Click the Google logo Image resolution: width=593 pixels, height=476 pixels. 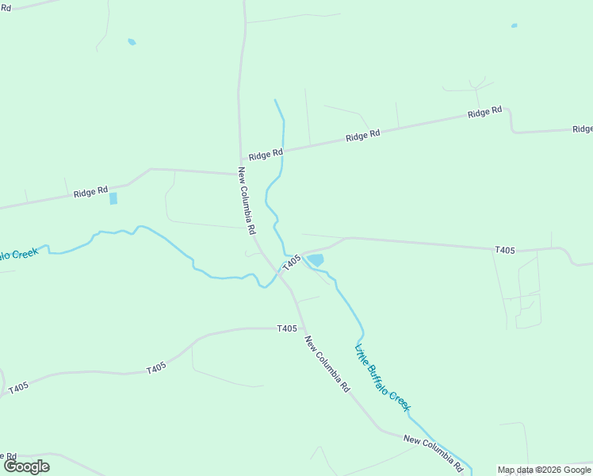coord(26,466)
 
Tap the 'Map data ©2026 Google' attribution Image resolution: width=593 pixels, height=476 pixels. coord(545,470)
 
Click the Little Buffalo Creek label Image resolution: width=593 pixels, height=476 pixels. coord(383,377)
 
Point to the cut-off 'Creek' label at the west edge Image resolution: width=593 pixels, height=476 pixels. coord(18,254)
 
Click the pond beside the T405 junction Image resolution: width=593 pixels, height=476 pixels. coord(316,259)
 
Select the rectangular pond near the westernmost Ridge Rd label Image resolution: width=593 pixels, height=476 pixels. coord(113,198)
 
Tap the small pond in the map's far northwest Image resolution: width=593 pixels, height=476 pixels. coord(132,42)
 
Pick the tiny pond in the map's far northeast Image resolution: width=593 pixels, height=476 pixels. coord(514,25)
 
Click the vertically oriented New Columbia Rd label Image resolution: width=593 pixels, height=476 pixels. coord(246,200)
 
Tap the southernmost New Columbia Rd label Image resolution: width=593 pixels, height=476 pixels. coord(433,449)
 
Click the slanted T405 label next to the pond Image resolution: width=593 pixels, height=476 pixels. coord(292,261)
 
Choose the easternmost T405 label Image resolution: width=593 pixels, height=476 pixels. coord(505,250)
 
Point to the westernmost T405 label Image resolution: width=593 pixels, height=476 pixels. coord(19,387)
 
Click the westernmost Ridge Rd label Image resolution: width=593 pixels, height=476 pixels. coord(90,192)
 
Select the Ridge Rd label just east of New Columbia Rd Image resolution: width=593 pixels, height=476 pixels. coord(266,154)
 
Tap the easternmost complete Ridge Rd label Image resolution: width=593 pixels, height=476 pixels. coord(484,113)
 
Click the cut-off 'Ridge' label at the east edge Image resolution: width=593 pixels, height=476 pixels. coord(583,129)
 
